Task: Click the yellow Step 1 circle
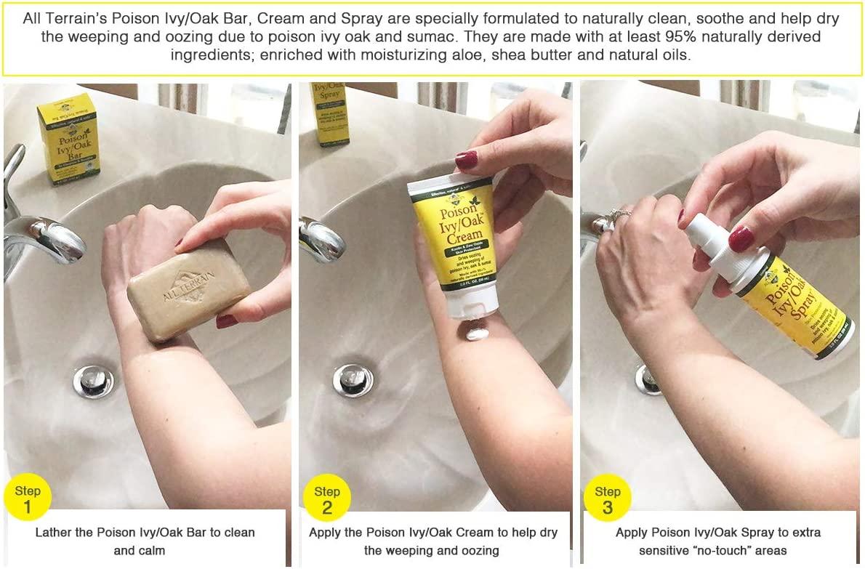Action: coord(28,498)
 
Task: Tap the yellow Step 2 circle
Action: coord(327,499)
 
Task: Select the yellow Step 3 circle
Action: coord(608,499)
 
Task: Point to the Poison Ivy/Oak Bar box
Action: coord(68,137)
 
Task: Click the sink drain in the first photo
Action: coord(93,382)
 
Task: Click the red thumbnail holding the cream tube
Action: coord(466,159)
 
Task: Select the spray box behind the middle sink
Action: coord(330,113)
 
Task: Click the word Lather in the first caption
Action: coord(55,532)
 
